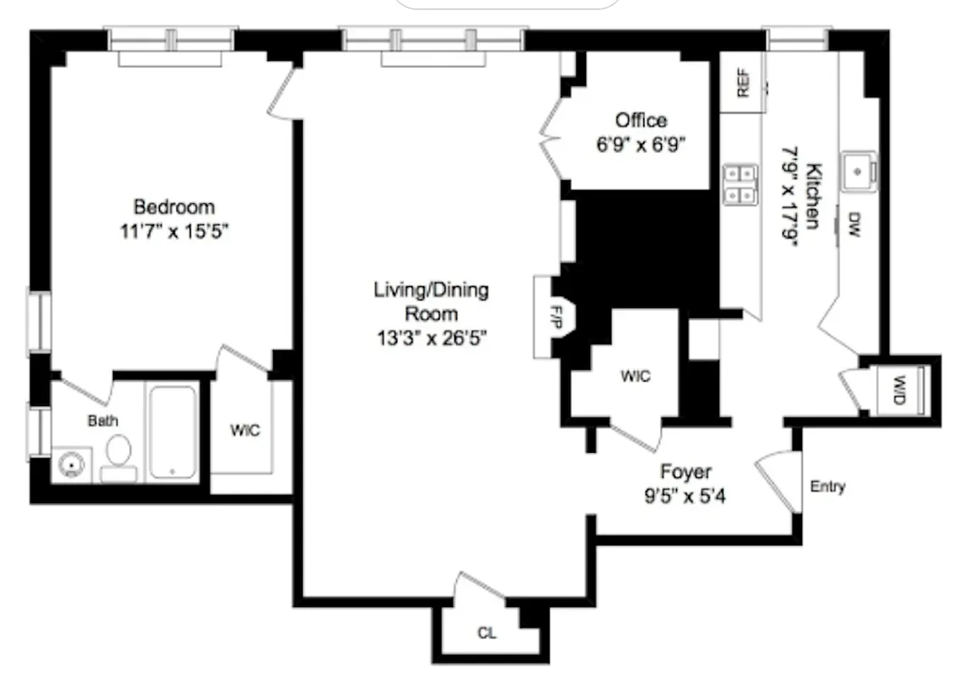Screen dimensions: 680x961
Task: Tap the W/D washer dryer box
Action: [897, 391]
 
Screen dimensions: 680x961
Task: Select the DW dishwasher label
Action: [854, 225]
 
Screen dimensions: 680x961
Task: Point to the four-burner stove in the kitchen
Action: [739, 185]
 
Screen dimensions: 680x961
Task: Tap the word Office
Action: [641, 120]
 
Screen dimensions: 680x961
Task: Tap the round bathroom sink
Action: [69, 466]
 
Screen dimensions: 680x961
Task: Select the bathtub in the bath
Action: [173, 433]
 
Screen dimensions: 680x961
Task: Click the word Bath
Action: [103, 420]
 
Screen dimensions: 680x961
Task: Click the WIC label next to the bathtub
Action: [245, 430]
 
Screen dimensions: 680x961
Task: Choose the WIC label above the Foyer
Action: [635, 376]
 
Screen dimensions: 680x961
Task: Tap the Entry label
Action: [827, 487]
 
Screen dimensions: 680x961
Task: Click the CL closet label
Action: [486, 633]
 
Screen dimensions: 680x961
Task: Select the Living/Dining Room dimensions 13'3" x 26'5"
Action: [431, 337]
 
